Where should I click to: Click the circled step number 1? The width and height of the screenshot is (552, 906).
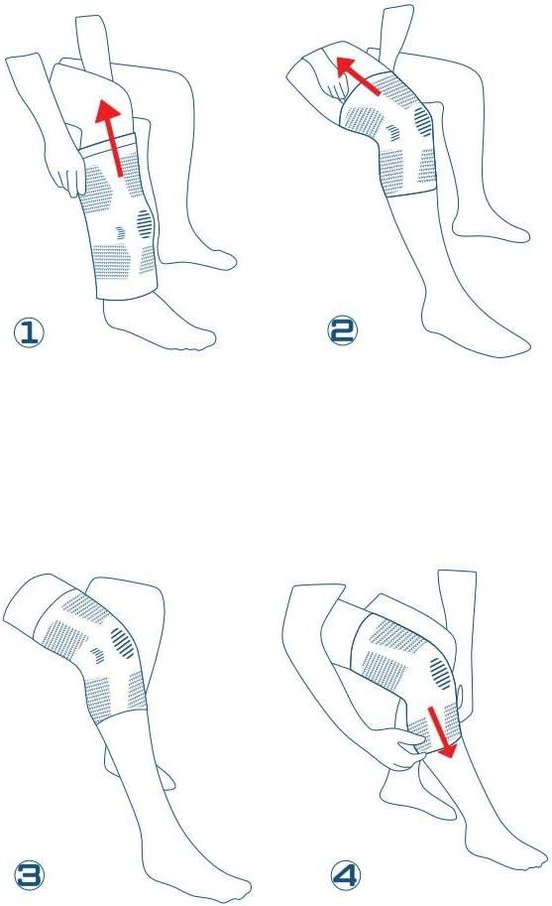(x=29, y=332)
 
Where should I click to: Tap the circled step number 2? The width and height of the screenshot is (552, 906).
(x=343, y=330)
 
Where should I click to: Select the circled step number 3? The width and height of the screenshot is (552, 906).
(x=29, y=875)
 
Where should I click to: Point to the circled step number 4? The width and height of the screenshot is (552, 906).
(x=346, y=875)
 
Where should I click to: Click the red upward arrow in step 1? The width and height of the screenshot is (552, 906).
(x=111, y=137)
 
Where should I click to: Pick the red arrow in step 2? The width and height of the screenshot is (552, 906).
(x=357, y=75)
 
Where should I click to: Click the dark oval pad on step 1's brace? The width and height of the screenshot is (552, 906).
(x=146, y=223)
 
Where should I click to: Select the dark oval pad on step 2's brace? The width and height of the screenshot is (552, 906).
(x=423, y=122)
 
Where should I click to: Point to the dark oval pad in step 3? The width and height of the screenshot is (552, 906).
(x=122, y=642)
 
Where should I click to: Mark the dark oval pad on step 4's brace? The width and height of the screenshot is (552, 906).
(x=441, y=673)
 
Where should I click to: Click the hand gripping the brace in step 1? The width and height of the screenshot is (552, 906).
(x=66, y=171)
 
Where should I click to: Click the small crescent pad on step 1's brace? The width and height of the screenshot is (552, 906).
(x=120, y=232)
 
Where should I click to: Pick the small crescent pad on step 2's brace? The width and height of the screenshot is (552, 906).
(x=393, y=132)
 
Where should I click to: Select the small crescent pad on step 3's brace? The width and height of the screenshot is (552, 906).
(x=97, y=655)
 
